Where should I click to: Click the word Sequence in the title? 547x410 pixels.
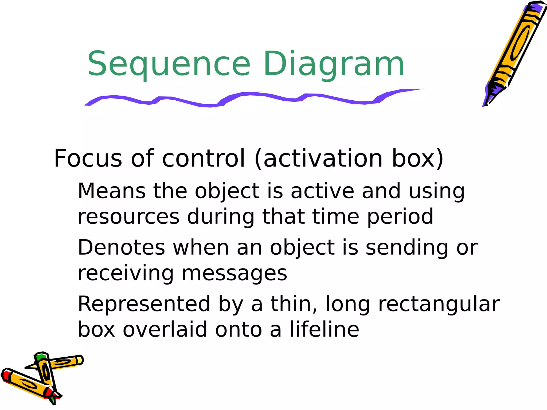(169, 64)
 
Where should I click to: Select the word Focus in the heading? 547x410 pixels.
(88, 159)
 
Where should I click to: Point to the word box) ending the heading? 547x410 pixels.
(417, 159)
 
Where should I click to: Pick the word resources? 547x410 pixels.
(128, 217)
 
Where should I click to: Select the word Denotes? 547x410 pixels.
(121, 248)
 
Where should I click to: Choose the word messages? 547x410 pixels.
(234, 274)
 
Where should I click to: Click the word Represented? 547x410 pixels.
(144, 304)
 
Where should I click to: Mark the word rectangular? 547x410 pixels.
(439, 304)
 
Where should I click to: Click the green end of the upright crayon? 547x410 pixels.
(41, 357)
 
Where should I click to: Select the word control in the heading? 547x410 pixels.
(204, 159)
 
